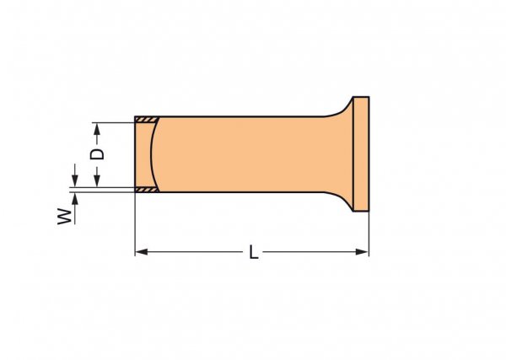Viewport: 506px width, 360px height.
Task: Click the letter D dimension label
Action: (97, 154)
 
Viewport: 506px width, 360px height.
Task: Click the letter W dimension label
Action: (65, 217)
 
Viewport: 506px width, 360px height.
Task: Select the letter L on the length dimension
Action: (254, 252)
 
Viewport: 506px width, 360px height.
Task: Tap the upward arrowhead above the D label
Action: (97, 129)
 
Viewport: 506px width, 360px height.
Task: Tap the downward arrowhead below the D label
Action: (97, 180)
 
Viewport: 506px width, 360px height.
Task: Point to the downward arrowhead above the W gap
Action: (75, 180)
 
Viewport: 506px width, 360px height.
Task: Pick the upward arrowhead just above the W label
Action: (75, 199)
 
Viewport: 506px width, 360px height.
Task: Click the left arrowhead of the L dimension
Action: (142, 252)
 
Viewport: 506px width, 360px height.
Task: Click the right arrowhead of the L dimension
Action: (362, 252)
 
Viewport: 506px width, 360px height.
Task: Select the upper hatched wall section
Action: (147, 120)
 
